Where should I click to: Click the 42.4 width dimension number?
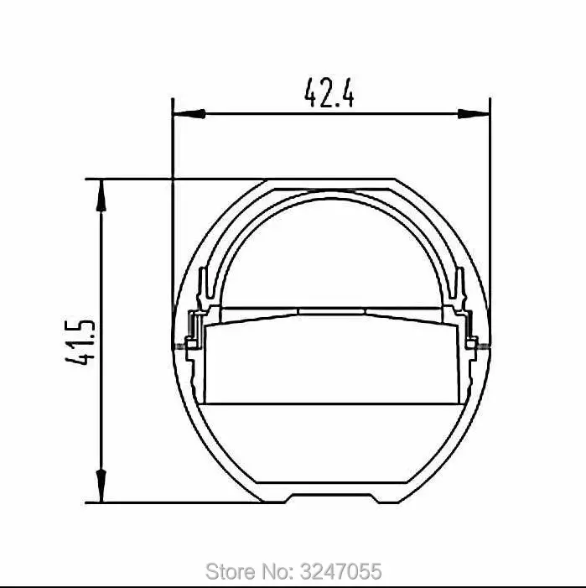click(329, 92)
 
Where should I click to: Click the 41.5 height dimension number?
click(80, 342)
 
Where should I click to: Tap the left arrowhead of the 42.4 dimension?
click(189, 113)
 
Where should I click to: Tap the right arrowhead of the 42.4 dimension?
click(474, 113)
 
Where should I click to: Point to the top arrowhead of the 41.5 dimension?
click(101, 195)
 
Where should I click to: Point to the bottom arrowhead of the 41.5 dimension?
click(101, 486)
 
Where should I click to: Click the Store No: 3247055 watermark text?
click(293, 571)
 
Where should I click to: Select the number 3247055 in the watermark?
click(341, 571)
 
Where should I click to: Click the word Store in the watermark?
click(230, 571)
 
